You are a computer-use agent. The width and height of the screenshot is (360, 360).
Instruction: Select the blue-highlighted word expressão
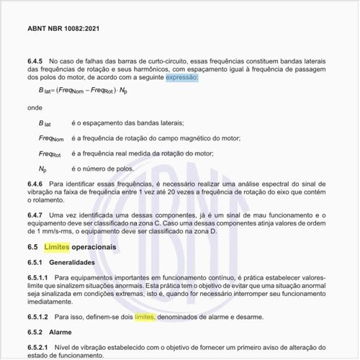click(x=181, y=76)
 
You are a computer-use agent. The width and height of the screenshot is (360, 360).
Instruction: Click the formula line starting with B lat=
click(x=84, y=91)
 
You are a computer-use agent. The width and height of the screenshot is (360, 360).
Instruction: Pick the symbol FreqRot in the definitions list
click(x=50, y=153)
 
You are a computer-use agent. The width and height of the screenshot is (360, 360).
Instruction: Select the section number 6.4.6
click(x=36, y=185)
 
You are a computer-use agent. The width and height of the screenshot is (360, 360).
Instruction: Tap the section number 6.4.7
click(x=36, y=216)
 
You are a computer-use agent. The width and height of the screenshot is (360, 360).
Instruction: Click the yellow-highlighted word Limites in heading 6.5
click(x=58, y=247)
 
